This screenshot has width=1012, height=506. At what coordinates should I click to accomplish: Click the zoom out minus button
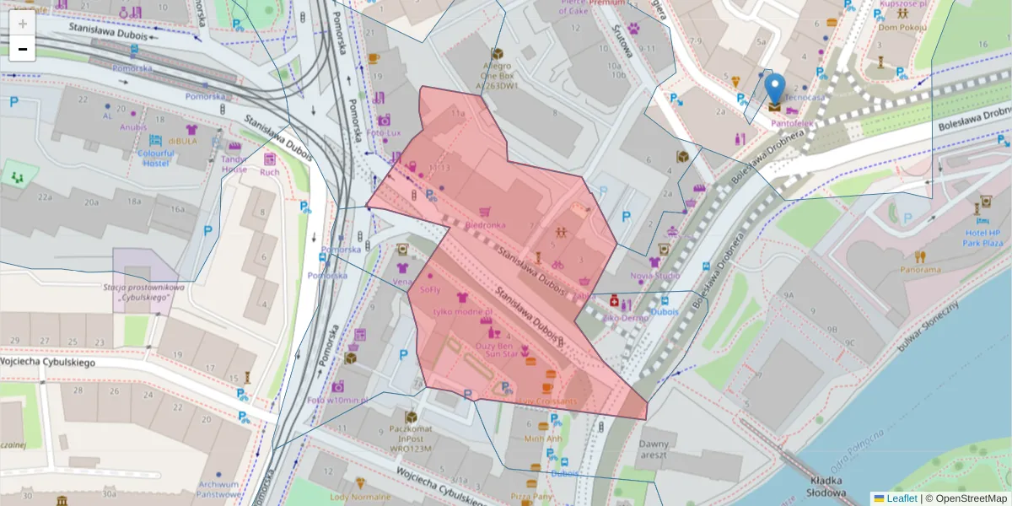[23, 49]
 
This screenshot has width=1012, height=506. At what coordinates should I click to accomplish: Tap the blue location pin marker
[774, 89]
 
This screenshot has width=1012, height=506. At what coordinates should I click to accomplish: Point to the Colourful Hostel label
[156, 158]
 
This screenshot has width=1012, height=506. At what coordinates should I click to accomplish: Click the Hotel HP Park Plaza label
[982, 237]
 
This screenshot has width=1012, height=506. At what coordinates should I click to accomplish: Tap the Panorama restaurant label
[919, 270]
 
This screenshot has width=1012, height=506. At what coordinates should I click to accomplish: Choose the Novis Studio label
[654, 276]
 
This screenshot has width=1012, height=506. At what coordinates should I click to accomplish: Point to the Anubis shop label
[133, 127]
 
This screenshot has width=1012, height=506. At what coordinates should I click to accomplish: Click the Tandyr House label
[234, 164]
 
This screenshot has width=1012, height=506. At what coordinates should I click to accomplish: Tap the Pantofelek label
[792, 123]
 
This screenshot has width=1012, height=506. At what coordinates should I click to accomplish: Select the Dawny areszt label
[654, 449]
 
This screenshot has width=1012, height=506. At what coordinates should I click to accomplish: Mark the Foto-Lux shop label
[384, 133]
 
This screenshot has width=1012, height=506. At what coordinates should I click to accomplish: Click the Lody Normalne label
[360, 497]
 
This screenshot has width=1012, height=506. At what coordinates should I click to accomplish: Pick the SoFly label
[430, 289]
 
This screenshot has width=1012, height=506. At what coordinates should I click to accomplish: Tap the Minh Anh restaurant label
[542, 439]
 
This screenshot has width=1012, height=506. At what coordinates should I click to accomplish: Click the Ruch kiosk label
[270, 172]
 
